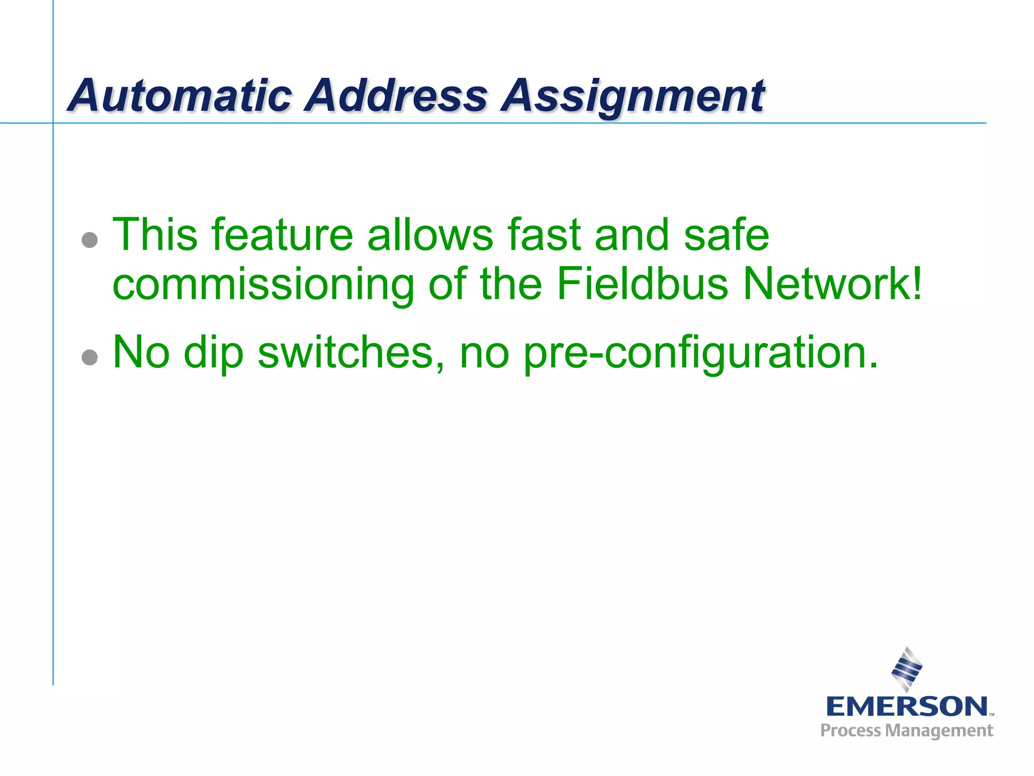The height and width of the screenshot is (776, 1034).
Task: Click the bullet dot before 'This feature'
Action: pos(89,239)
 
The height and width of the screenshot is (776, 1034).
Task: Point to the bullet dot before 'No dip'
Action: pos(89,357)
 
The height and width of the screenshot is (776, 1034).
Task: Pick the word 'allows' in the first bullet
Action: pos(430,234)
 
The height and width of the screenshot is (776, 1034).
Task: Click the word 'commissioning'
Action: pos(263,285)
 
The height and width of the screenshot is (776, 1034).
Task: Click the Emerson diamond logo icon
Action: pos(907,669)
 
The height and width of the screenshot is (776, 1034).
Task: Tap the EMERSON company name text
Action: pos(907,706)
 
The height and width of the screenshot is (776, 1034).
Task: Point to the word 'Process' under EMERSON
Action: pos(851,731)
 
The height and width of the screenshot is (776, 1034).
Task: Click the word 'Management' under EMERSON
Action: pos(940,731)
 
